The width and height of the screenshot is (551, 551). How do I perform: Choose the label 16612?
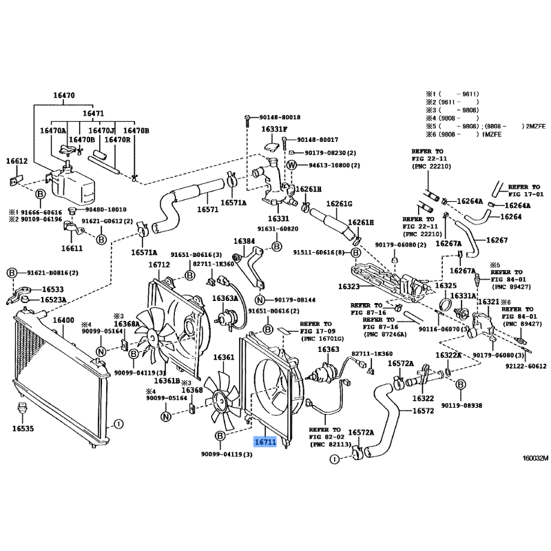coord(17,160)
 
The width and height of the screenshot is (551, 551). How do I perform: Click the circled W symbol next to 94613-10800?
coord(291,165)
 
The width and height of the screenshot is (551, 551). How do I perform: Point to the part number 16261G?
coord(339,204)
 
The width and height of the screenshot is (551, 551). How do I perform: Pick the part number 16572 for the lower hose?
coord(423,411)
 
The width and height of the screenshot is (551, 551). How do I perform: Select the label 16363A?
coord(225,298)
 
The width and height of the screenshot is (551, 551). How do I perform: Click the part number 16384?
coord(244,242)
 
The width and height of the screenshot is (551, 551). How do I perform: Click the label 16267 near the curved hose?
coord(497,240)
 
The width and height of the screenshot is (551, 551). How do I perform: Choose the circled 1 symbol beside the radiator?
coord(118,424)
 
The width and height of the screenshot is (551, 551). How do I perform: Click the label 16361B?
coord(167,381)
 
